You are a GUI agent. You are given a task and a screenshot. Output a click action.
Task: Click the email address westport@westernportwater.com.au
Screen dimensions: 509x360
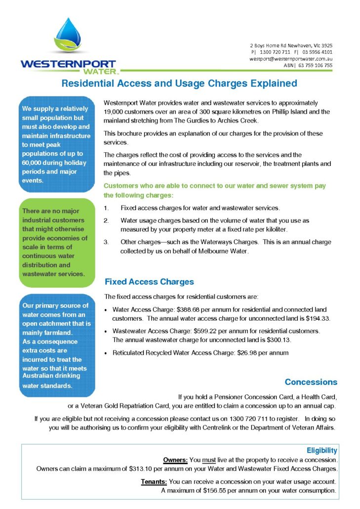pos(290,58)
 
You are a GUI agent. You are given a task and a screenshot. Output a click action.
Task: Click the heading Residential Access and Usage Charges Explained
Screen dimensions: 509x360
pos(179,83)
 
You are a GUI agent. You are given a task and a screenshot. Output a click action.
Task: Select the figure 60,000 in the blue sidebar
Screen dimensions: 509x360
pos(34,163)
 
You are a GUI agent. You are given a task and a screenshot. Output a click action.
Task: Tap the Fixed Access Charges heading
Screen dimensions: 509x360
pos(149,282)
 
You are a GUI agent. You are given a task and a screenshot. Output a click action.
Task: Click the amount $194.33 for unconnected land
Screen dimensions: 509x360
pos(319,318)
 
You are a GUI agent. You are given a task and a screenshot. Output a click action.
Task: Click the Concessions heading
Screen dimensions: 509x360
pos(311,382)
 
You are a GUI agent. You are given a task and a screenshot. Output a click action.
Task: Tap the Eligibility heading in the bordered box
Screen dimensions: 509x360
pos(321,450)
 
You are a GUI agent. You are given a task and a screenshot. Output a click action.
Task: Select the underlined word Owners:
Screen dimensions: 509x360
pos(174,460)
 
